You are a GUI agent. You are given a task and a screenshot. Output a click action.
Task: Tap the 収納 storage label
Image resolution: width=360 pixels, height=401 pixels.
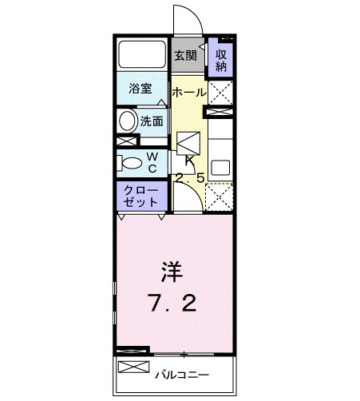[x=220, y=59]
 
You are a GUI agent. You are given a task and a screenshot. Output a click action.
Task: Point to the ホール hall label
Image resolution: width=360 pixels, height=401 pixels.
[x=188, y=93]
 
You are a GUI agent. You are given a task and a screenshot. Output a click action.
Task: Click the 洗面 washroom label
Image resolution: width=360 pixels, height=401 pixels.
[x=152, y=121]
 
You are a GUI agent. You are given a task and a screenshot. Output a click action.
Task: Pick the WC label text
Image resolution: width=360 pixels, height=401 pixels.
[x=152, y=161]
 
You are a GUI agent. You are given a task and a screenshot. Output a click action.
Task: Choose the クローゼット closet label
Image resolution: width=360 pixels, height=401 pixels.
[x=139, y=196]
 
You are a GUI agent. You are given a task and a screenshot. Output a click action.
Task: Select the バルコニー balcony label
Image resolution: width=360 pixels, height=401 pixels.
[x=183, y=374]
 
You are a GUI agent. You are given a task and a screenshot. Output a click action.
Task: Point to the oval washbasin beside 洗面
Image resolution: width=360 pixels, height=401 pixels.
[x=128, y=121]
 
